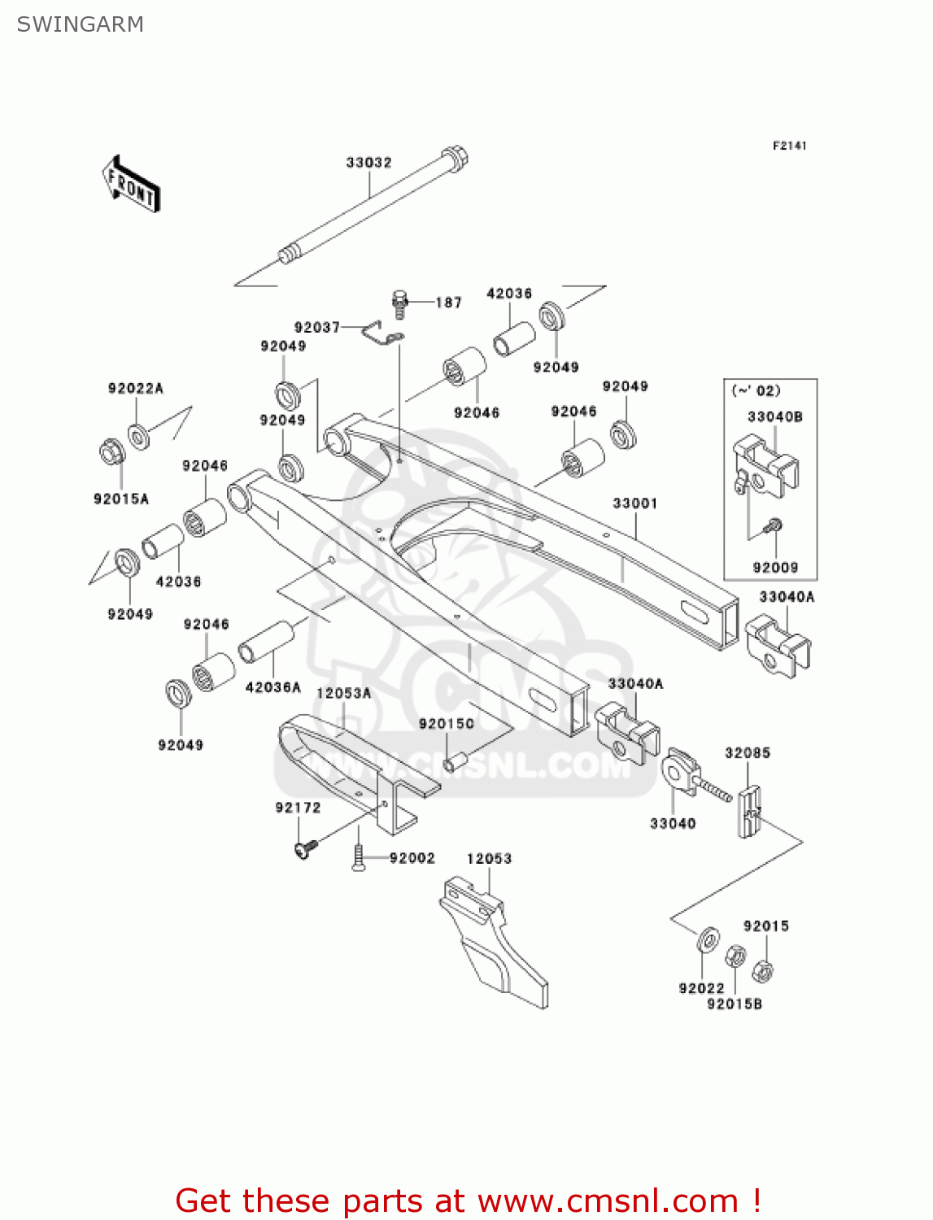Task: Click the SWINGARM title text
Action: pyautogui.click(x=80, y=24)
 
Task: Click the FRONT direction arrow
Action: pyautogui.click(x=131, y=185)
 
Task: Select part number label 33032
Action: pyautogui.click(x=368, y=163)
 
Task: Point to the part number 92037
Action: pyautogui.click(x=316, y=327)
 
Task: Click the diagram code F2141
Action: pyautogui.click(x=789, y=146)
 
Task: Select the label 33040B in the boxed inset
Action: pyautogui.click(x=774, y=416)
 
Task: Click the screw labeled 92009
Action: pyautogui.click(x=774, y=527)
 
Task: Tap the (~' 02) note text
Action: pyautogui.click(x=756, y=390)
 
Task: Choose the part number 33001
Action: pyautogui.click(x=634, y=503)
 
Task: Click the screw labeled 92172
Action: pyautogui.click(x=305, y=849)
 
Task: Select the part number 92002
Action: pyautogui.click(x=412, y=858)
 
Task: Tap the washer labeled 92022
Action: pyautogui.click(x=708, y=939)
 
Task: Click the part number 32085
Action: pyautogui.click(x=747, y=753)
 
